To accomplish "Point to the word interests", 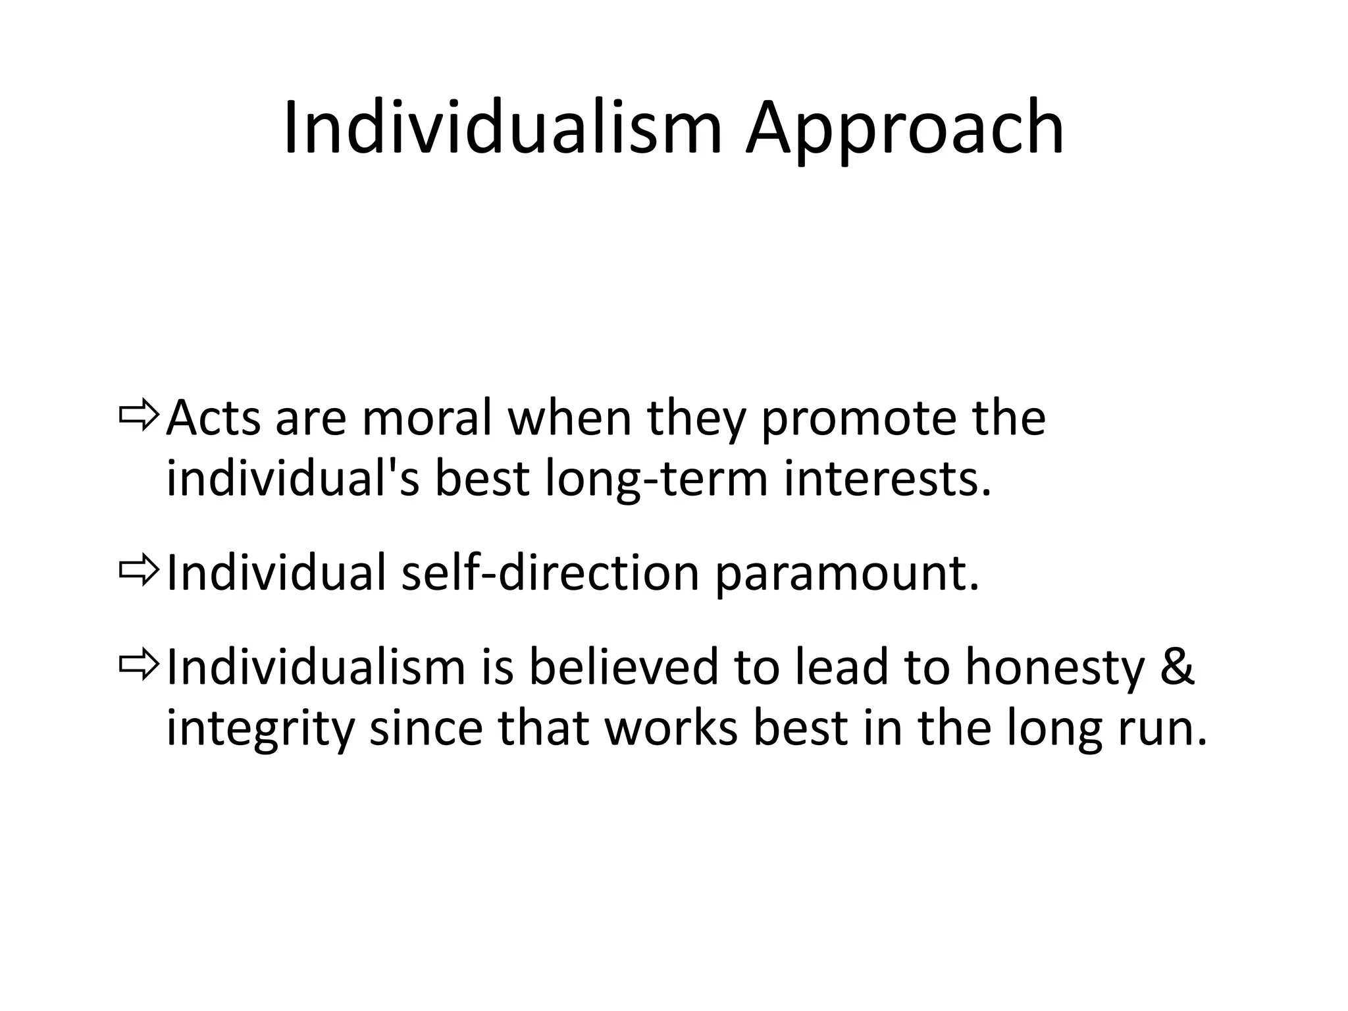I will [886, 479].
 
